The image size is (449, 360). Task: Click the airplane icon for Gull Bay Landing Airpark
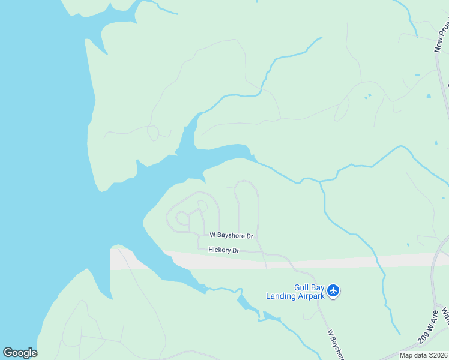(x=334, y=292)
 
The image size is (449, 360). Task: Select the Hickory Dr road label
(x=223, y=250)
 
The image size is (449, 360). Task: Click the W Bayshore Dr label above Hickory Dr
(x=231, y=236)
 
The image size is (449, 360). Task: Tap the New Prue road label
(x=442, y=37)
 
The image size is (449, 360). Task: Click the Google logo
(x=20, y=353)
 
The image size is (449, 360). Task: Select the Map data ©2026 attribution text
(x=423, y=355)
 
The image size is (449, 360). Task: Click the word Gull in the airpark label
(x=301, y=287)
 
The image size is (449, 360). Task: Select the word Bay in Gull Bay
(x=318, y=287)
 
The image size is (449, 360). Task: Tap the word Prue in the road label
(x=444, y=30)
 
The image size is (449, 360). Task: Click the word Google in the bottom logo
(x=20, y=353)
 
